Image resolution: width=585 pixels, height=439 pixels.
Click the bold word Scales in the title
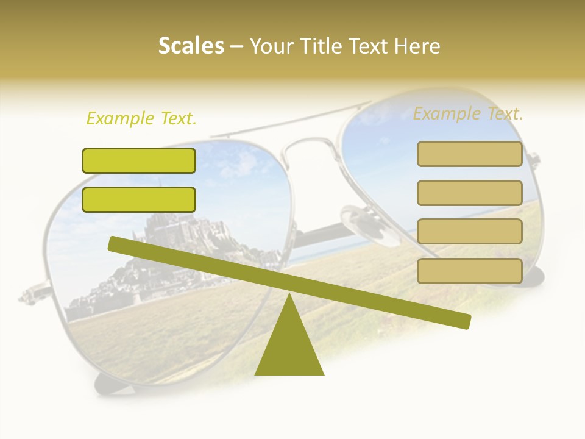click(191, 46)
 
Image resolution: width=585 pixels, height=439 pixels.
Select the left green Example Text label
click(141, 118)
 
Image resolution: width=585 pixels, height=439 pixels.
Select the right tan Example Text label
click(468, 113)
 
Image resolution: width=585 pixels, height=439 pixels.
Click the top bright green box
click(139, 160)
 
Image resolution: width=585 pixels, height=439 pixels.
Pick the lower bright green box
click(139, 199)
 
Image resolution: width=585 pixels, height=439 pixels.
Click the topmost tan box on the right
click(469, 154)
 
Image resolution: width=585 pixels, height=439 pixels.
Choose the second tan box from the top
click(469, 193)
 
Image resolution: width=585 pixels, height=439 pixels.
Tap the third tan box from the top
click(469, 232)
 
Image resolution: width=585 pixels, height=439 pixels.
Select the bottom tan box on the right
click(469, 271)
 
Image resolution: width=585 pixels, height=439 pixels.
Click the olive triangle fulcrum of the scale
click(289, 344)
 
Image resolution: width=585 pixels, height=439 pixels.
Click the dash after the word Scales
click(237, 46)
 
